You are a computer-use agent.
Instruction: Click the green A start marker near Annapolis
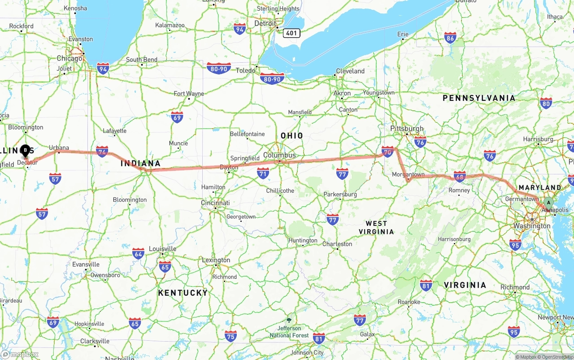pos(548,203)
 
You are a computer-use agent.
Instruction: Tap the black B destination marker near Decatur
pos(26,150)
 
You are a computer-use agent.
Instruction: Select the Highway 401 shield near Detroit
pos(291,33)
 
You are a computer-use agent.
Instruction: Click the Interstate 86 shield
pos(450,38)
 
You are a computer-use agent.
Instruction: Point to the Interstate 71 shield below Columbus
pos(263,173)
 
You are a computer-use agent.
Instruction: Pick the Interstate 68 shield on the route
pos(460,176)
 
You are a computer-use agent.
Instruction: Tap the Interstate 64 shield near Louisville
pos(138,253)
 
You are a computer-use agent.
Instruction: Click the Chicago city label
pos(70,58)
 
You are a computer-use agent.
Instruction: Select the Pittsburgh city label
pos(407,129)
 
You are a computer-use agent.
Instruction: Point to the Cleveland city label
pos(350,71)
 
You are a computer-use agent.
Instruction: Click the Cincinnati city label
pos(215,203)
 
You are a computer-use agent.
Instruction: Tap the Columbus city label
pos(279,155)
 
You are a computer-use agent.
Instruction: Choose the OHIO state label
pos(291,135)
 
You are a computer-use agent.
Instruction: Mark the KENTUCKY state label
pos(183,293)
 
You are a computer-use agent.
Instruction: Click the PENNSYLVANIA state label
pos(479,98)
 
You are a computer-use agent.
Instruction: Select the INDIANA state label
pos(140,163)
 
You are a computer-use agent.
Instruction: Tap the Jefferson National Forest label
pos(289,332)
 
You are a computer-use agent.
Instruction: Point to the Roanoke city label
pos(409,302)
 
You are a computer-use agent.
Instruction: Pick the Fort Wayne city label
pos(189,94)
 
